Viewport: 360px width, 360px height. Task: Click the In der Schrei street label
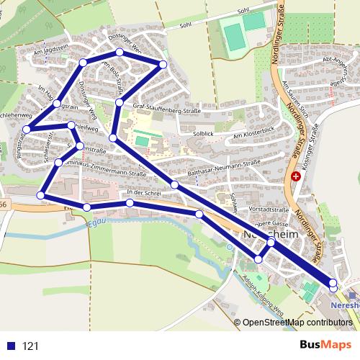141,192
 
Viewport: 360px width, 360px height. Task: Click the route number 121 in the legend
30,346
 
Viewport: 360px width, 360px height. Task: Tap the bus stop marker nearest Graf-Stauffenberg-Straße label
119,104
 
